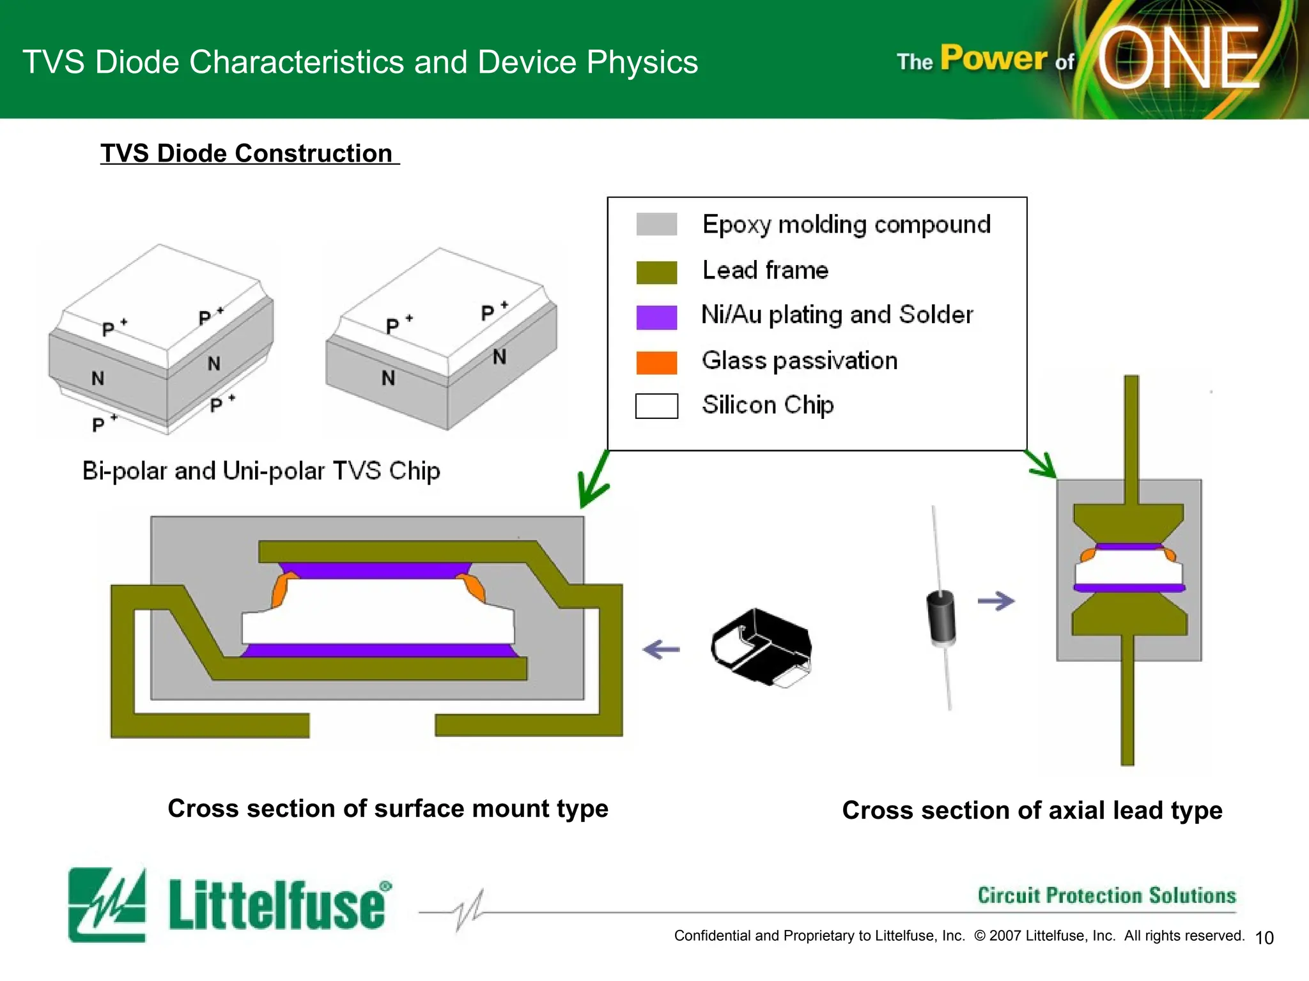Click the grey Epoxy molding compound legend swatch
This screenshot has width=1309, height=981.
(656, 224)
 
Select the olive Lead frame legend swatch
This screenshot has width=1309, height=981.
(656, 272)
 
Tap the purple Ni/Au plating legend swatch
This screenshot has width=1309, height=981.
(656, 317)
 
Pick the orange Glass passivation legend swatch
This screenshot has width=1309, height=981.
(656, 362)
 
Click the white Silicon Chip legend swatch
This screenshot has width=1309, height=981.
(656, 406)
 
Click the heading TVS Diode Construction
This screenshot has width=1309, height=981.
(249, 153)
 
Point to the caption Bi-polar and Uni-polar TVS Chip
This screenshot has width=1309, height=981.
(261, 471)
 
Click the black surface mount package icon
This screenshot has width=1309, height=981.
(761, 646)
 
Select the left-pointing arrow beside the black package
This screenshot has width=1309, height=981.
(661, 650)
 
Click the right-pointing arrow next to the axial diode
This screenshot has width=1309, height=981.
(996, 601)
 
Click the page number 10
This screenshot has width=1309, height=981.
(1264, 938)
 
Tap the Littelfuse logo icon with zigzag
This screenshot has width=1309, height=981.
(107, 904)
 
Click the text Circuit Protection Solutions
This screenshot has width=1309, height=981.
(1106, 895)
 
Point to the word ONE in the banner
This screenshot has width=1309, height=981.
(1179, 59)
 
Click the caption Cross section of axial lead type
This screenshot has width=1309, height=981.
(1032, 810)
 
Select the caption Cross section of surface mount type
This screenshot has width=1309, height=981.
(388, 808)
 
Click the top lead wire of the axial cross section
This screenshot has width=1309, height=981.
(1131, 434)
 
